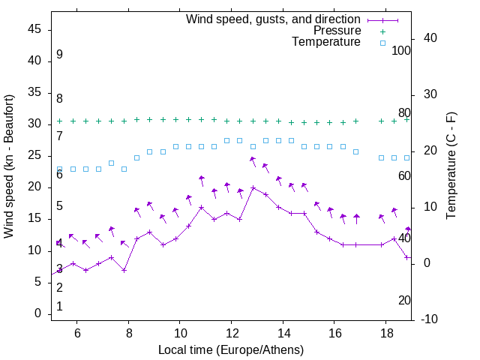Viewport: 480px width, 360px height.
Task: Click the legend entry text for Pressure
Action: [337, 31]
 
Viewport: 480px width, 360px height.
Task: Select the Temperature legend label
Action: [326, 43]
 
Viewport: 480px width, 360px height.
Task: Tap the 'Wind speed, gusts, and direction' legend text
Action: [273, 19]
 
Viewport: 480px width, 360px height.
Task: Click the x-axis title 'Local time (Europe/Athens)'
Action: [231, 350]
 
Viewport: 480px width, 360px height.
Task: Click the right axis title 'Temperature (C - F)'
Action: [451, 166]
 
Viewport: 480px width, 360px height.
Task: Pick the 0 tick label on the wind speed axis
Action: [38, 314]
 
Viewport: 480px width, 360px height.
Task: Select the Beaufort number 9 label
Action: [59, 55]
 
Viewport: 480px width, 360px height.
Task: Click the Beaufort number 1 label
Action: [59, 306]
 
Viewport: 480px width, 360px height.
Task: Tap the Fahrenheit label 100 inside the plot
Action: [401, 50]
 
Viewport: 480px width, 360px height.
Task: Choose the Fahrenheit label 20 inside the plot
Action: [404, 300]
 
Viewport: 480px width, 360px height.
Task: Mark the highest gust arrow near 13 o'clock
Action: [253, 160]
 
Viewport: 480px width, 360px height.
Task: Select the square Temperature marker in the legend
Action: [382, 43]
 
